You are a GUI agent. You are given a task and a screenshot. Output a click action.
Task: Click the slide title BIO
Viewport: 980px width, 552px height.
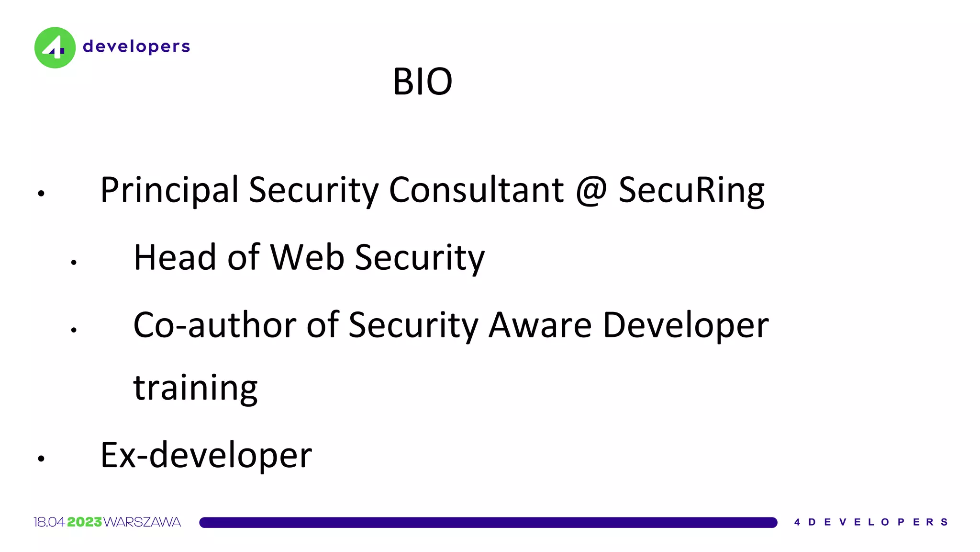point(423,81)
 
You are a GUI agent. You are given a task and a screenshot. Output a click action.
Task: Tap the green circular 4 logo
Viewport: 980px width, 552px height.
point(55,47)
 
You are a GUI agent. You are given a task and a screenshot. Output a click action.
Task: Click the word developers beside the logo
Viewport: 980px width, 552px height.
point(136,46)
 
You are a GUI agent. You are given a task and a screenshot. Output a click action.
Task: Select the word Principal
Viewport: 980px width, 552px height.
point(169,190)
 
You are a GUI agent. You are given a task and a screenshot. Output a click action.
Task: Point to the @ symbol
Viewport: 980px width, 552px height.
point(591,190)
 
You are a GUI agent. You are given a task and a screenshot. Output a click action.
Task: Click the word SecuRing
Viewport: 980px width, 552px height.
point(691,190)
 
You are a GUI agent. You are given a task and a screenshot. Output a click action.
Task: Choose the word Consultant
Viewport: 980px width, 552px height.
point(476,190)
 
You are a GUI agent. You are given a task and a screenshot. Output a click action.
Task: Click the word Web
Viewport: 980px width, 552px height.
point(307,257)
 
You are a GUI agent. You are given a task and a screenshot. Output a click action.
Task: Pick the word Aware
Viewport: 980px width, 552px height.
point(540,325)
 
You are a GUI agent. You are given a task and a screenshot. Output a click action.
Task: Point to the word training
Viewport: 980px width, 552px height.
point(195,388)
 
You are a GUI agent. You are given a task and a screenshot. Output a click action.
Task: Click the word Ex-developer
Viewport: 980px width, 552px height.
point(206,455)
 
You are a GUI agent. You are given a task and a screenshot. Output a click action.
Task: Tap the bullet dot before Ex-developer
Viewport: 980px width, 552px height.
point(41,459)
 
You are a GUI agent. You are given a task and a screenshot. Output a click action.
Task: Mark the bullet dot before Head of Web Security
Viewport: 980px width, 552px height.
point(74,262)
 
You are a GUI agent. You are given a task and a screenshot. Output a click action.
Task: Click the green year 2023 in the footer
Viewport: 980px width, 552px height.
point(84,522)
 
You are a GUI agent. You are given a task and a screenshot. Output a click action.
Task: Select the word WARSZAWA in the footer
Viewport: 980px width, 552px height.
point(142,522)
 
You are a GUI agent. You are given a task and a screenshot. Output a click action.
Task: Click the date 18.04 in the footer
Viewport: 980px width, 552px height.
point(49,522)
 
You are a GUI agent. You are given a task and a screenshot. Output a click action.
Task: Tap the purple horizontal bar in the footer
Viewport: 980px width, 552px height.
point(488,522)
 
